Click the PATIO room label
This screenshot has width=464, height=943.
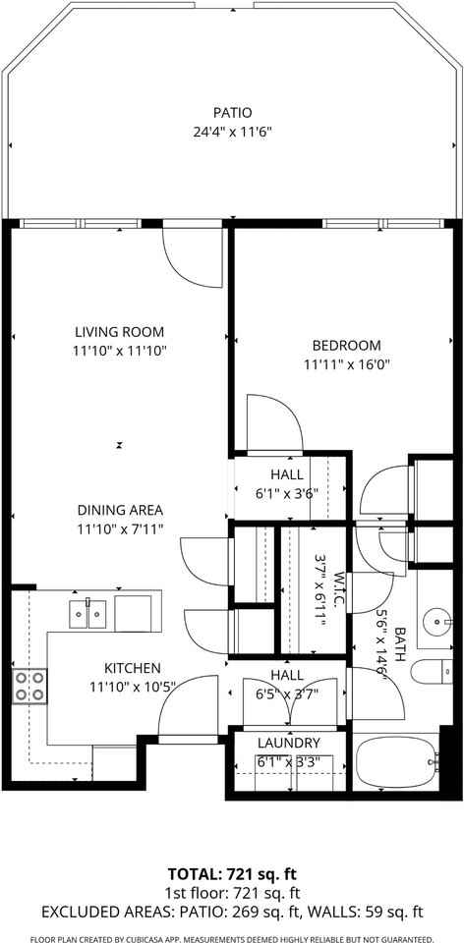231,113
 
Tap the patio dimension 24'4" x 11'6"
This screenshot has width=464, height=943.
231,131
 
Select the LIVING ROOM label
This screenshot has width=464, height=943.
118,332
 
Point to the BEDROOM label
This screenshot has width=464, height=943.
346,345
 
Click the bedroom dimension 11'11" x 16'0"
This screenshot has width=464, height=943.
346,363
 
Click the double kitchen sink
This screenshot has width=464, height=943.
87,614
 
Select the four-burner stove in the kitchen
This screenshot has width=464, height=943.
29,686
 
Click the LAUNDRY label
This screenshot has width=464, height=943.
288,744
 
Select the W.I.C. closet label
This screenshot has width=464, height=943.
337,588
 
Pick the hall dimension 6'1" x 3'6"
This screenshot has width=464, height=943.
285,494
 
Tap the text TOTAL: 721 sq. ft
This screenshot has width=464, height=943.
232,873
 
